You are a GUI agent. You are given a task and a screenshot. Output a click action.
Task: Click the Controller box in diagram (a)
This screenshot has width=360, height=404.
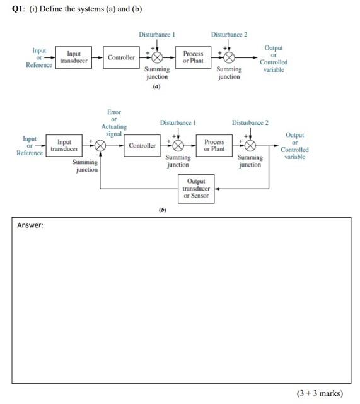121,57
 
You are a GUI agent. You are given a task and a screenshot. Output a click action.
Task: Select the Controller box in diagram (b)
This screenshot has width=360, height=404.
142,146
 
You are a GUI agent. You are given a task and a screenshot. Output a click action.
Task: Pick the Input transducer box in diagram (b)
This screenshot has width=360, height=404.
64,146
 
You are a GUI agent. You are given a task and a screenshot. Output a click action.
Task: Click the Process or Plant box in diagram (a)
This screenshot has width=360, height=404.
193,57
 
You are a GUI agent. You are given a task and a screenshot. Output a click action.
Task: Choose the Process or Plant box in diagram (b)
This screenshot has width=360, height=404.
214,146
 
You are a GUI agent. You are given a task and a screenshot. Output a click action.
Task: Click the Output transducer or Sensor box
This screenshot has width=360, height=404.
196,189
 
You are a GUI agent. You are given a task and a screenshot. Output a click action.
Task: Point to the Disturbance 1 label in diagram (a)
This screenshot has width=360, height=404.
156,35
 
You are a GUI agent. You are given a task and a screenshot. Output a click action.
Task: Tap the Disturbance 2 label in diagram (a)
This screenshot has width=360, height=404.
229,35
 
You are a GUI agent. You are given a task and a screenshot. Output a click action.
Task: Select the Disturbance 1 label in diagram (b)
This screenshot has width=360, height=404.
178,122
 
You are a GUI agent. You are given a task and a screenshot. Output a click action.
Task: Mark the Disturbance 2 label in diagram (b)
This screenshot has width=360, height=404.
250,122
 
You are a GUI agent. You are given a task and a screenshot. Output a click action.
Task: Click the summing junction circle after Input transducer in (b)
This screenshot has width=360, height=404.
100,146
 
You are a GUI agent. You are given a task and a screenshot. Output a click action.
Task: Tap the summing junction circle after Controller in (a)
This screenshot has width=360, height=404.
157,57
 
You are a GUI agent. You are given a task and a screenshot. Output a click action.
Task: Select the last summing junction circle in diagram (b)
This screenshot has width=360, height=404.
250,146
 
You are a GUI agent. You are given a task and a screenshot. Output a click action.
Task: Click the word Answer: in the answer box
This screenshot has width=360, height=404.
30,225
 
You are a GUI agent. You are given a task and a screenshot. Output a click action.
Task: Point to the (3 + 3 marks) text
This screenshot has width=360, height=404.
320,393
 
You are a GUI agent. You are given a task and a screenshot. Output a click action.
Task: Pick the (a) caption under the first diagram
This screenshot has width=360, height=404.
156,86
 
